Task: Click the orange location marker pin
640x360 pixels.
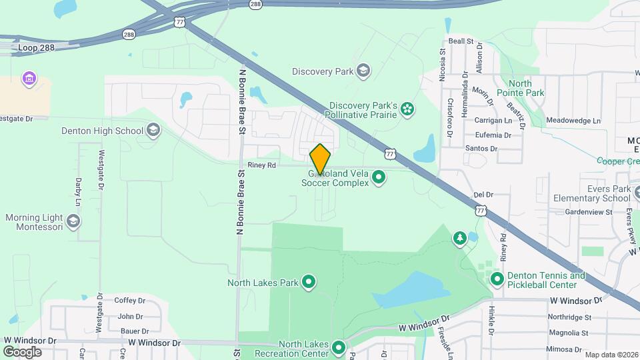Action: click(321, 159)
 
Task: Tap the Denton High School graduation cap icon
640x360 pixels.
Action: click(153, 129)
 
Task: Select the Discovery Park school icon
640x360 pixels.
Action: click(363, 70)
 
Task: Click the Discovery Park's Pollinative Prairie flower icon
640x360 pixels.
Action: click(407, 109)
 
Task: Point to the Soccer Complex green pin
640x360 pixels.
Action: click(379, 177)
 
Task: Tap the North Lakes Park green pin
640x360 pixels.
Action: click(309, 283)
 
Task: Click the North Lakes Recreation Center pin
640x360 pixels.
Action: click(339, 347)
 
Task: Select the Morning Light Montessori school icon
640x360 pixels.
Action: click(73, 221)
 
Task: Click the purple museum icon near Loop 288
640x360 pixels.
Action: click(28, 80)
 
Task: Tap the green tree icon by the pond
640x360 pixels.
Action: click(459, 238)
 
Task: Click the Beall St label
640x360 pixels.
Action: click(461, 41)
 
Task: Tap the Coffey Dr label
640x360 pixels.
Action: click(125, 301)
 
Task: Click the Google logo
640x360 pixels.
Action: click(22, 351)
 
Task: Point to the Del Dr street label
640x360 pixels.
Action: click(483, 195)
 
